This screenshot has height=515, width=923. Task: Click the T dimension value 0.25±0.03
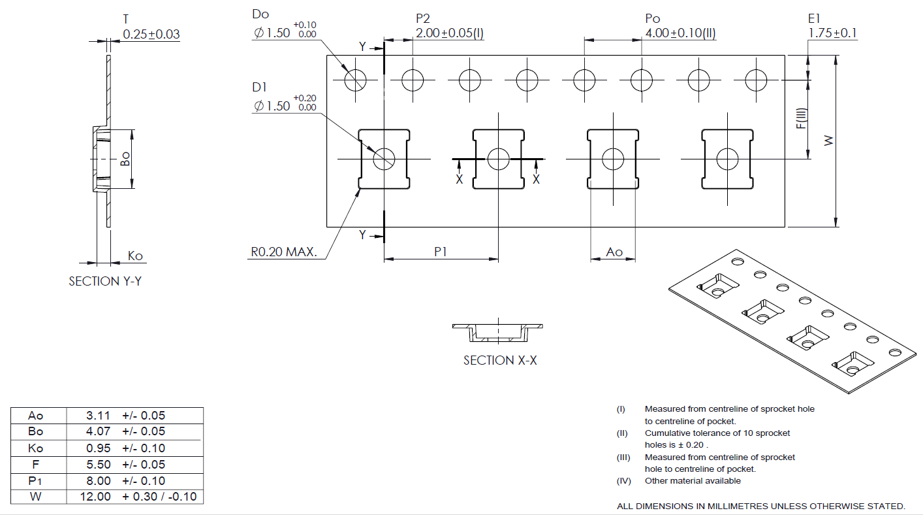(151, 35)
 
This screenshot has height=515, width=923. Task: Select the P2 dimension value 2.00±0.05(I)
(450, 33)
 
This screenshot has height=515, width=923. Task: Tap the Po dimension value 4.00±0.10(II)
(680, 33)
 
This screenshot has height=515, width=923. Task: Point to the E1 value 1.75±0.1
(833, 33)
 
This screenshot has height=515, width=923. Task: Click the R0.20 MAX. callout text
(283, 252)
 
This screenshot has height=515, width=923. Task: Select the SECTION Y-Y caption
(105, 281)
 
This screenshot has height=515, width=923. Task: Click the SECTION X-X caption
(500, 360)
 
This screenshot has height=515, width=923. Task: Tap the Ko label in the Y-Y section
(135, 256)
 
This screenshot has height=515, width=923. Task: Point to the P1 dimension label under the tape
(441, 252)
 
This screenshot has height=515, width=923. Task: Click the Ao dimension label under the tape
(614, 252)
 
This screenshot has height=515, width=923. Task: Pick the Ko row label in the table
(36, 448)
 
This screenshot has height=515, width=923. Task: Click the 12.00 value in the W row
(95, 497)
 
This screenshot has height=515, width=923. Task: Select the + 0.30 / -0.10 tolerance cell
(159, 497)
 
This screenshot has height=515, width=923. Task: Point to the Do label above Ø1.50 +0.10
(260, 14)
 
